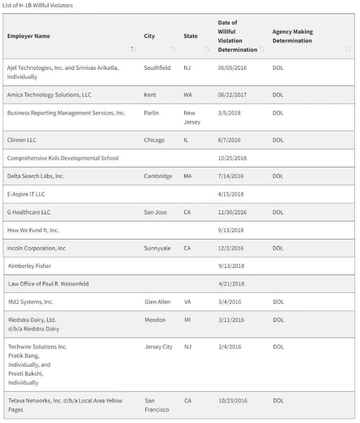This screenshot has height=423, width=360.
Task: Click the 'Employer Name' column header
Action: (28, 36)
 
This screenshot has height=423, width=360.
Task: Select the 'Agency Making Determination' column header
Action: (292, 36)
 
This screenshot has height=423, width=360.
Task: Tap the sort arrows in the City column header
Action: (173, 50)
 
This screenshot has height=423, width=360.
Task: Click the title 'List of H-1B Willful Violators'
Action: (37, 6)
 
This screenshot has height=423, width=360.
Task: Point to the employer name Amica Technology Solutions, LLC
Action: (49, 95)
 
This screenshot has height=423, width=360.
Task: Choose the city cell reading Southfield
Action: (157, 68)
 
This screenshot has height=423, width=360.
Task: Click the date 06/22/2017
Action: (232, 95)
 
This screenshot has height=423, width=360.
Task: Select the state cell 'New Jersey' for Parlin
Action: (191, 117)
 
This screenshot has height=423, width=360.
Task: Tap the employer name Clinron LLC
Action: (22, 140)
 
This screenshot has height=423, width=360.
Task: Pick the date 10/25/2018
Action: (232, 158)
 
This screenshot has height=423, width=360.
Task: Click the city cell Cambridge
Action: (158, 176)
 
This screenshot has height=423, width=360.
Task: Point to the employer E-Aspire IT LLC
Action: (26, 194)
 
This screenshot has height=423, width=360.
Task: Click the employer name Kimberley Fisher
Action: (30, 266)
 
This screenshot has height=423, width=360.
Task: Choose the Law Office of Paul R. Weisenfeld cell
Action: (48, 284)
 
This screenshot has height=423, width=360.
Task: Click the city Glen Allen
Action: (157, 302)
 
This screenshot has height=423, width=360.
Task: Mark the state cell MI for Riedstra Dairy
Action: (188, 320)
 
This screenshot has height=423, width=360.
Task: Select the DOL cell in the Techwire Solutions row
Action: (278, 347)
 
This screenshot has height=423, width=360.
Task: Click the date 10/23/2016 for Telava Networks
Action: (233, 401)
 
